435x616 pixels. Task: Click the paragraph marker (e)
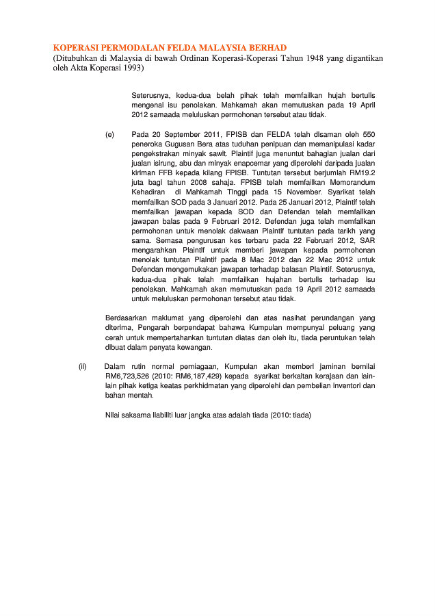pos(110,136)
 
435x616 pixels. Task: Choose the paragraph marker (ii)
pos(83,368)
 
